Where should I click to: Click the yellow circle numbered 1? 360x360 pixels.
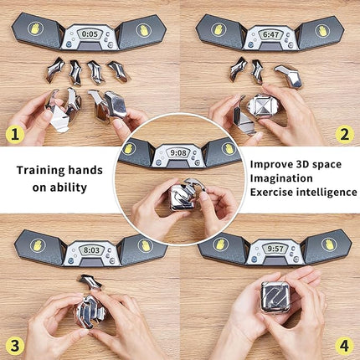(14, 133)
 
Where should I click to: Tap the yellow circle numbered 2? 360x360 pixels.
(344, 133)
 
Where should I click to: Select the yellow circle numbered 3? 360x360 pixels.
(14, 345)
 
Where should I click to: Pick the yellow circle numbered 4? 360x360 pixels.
(344, 345)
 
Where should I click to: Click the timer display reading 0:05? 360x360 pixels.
(90, 35)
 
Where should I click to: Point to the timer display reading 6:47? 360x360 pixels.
(270, 35)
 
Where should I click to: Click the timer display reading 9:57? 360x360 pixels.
(275, 249)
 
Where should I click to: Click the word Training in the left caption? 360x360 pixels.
(43, 170)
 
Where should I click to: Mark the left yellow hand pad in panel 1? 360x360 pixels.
(36, 28)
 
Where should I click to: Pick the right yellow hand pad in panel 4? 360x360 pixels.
(329, 245)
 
